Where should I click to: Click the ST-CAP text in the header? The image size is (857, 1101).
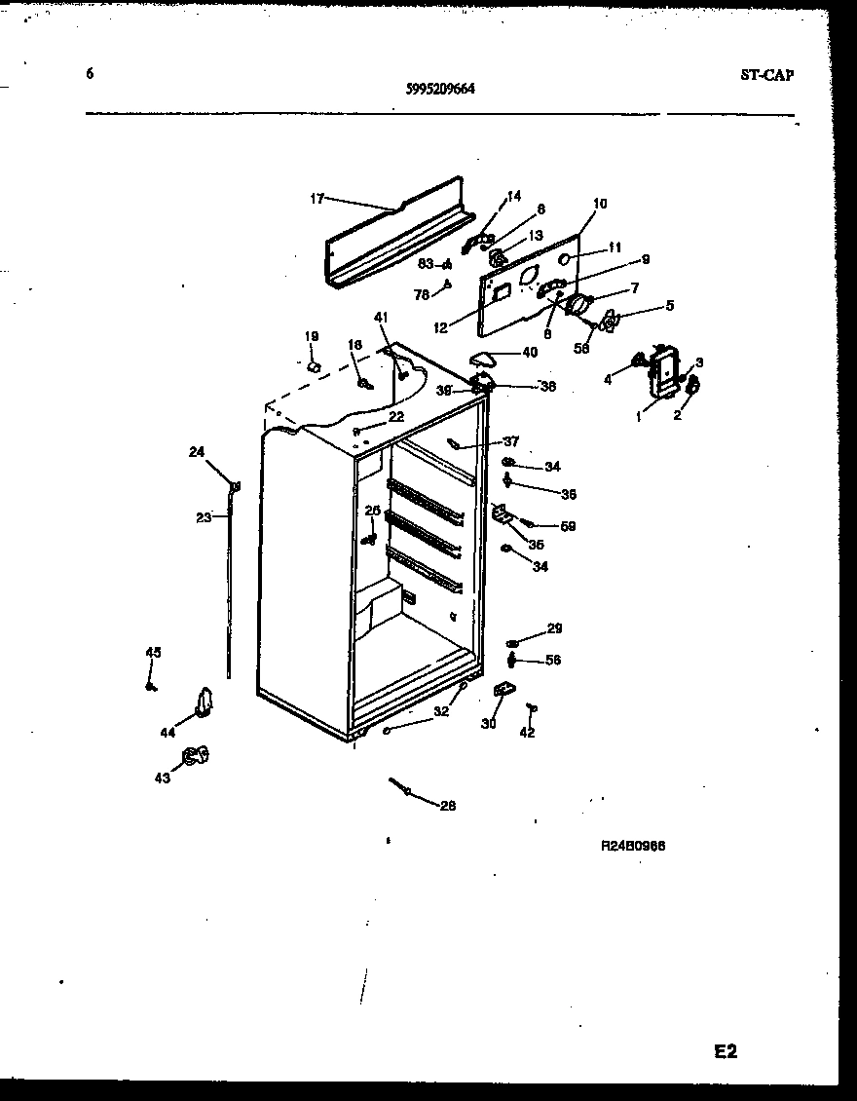[766, 75]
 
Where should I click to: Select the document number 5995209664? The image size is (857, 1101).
[440, 88]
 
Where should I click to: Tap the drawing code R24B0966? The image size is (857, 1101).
[633, 846]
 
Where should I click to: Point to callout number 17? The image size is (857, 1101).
[317, 199]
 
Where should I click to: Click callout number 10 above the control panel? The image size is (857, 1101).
[599, 204]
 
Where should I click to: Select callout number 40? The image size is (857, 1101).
[530, 352]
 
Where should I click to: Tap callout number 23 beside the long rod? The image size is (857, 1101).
[203, 517]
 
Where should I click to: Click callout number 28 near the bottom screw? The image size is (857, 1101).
[447, 806]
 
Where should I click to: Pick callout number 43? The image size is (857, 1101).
[163, 778]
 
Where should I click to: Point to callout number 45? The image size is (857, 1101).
[152, 652]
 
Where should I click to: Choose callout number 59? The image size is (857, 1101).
[568, 526]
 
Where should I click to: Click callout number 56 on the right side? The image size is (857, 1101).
[553, 660]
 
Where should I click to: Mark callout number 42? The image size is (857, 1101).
[527, 733]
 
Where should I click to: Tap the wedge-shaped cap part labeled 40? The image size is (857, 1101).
[484, 357]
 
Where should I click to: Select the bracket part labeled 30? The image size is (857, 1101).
[503, 690]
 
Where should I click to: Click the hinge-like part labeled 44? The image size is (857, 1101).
[205, 701]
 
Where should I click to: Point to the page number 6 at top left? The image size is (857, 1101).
[90, 73]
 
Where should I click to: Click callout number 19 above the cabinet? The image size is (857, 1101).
[312, 336]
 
